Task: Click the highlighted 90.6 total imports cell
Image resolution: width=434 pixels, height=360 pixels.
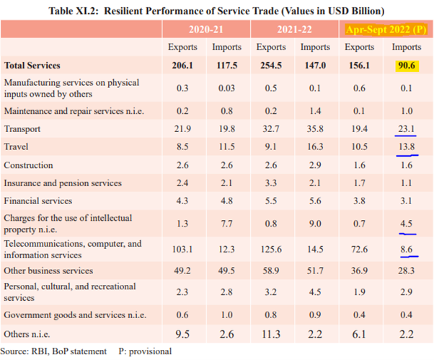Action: click(x=406, y=65)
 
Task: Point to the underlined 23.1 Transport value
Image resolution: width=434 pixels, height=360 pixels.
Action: click(x=406, y=128)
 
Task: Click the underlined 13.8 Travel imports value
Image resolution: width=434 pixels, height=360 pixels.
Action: click(x=406, y=146)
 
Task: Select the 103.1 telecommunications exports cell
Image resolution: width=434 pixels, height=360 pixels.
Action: click(x=182, y=249)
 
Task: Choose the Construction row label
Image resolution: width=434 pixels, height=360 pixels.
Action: click(x=28, y=165)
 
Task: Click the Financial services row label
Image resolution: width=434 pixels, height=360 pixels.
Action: click(x=38, y=201)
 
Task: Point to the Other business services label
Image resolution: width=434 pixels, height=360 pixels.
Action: click(x=48, y=271)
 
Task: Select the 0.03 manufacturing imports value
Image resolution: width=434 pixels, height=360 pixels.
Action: click(x=226, y=88)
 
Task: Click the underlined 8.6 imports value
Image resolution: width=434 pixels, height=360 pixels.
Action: click(x=406, y=249)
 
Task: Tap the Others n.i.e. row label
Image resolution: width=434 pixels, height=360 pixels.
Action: click(x=28, y=334)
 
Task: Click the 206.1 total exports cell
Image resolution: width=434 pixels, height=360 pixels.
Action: click(x=182, y=65)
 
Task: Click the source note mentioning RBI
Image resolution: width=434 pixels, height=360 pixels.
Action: click(x=53, y=351)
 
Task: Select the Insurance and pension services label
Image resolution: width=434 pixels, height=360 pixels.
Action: click(x=63, y=183)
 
